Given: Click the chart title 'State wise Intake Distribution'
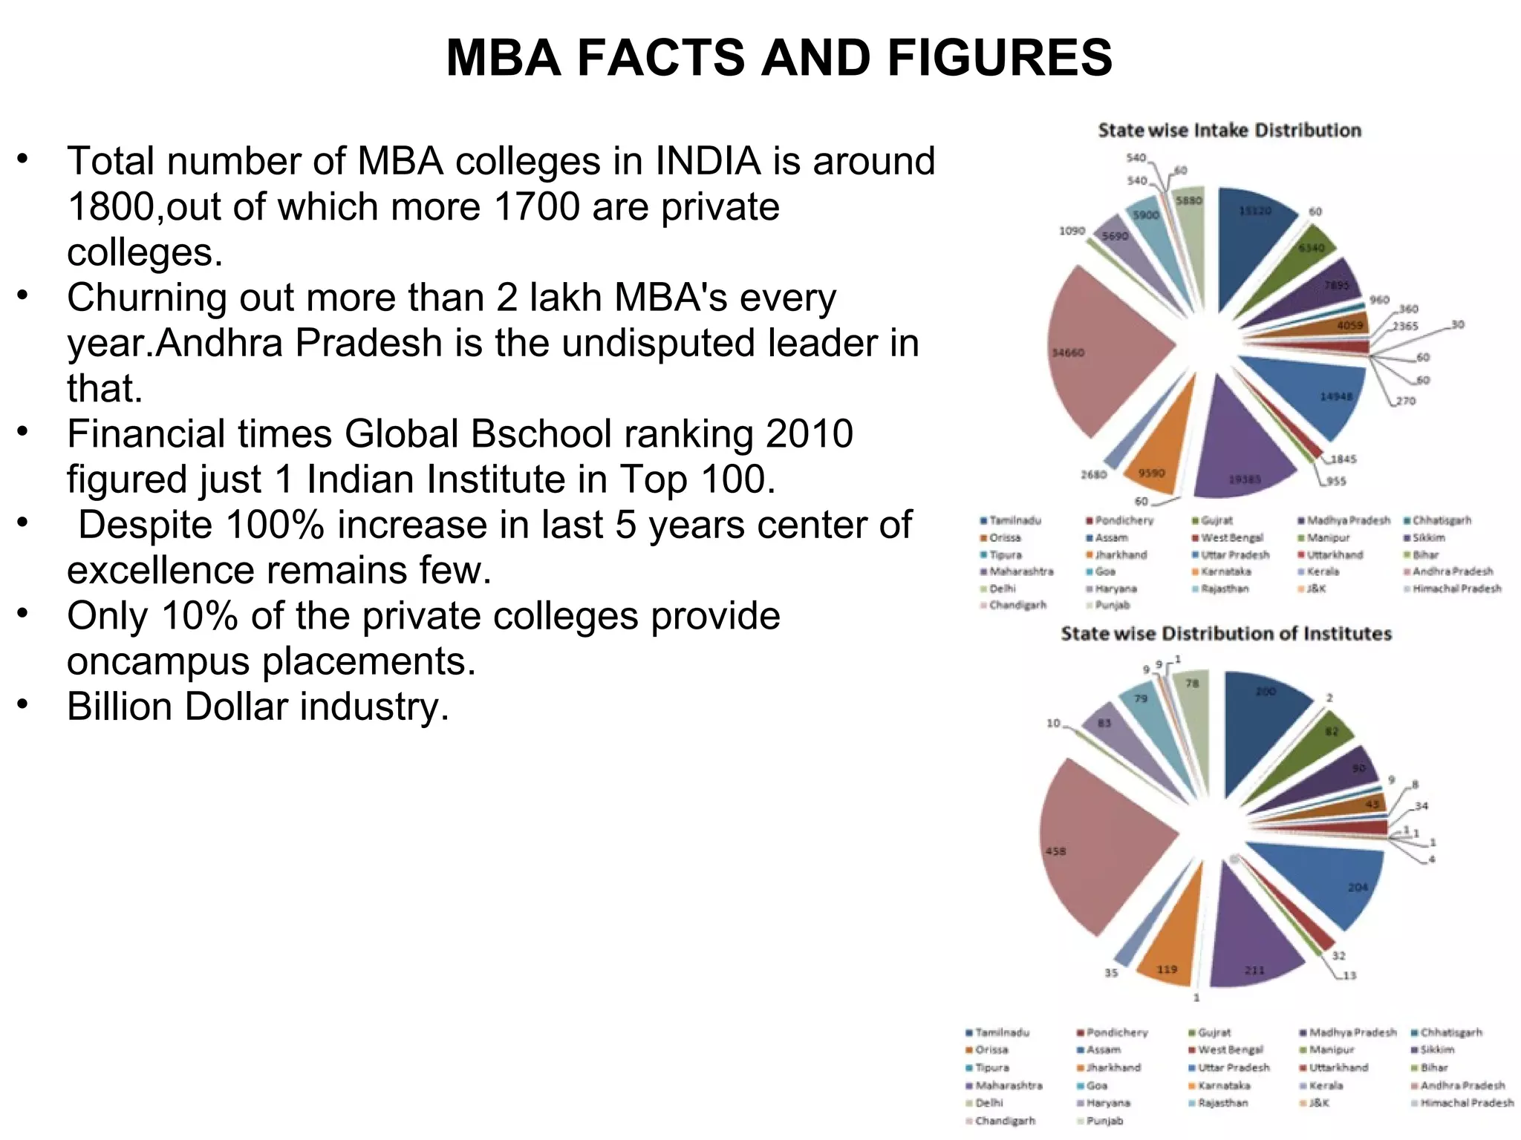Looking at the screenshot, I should (1229, 131).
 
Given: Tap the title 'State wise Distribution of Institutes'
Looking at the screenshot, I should (1225, 634).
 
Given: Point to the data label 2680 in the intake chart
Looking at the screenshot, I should (1093, 474).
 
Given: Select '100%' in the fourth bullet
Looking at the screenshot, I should (276, 525).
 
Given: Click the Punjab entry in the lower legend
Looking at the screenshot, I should (1104, 1121).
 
